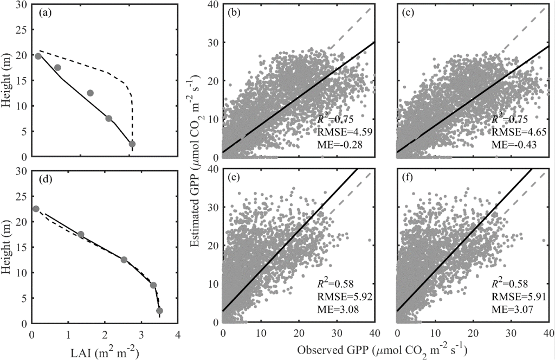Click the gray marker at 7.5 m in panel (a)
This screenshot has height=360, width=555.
tap(108, 118)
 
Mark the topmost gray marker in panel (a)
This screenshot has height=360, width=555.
tap(38, 56)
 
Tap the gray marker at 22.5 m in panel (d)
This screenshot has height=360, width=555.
tap(36, 209)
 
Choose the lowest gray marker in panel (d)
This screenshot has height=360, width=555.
tap(159, 311)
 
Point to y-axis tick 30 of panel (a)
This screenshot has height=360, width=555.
tap(23, 5)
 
